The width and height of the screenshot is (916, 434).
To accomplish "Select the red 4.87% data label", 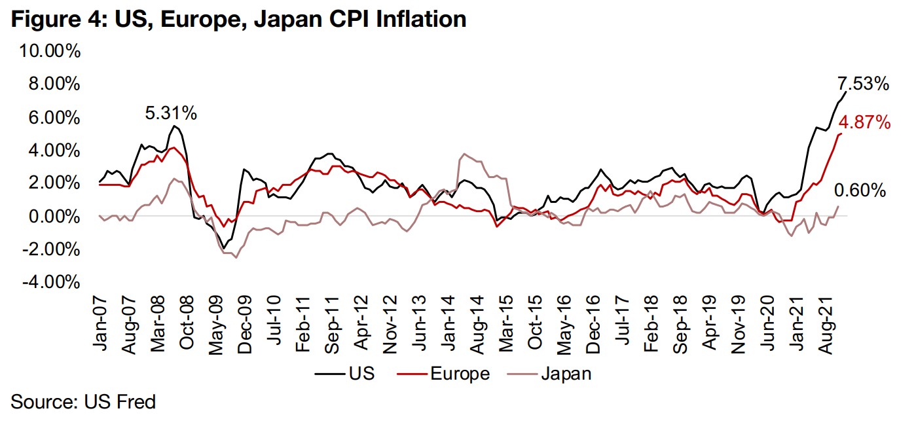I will (864, 122).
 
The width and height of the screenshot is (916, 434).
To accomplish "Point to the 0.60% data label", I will (860, 191).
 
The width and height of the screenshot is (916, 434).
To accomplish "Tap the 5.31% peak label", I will (171, 113).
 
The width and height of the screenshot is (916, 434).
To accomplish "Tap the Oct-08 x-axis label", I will (187, 322).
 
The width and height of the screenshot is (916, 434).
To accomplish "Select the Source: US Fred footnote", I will (83, 401).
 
